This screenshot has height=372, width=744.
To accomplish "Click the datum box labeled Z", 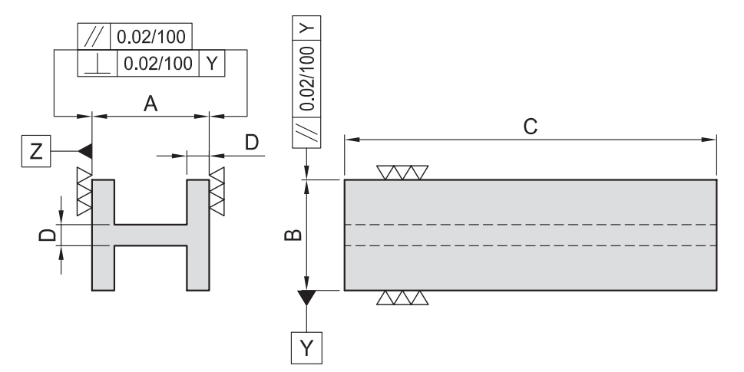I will (x=35, y=152).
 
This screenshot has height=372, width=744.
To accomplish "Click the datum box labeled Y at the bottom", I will (x=306, y=347).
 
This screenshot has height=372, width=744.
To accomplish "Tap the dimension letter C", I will (x=530, y=127).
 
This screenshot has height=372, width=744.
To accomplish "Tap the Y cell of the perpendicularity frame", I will (x=211, y=64).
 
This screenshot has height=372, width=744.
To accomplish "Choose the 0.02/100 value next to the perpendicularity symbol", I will (x=155, y=64).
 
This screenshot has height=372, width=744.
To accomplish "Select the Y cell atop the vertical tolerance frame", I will (x=306, y=28).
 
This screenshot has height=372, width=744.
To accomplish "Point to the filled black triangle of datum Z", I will (x=85, y=151).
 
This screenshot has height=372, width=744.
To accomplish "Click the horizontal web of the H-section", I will (x=150, y=235).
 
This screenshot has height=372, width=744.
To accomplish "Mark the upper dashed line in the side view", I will (x=530, y=224).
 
